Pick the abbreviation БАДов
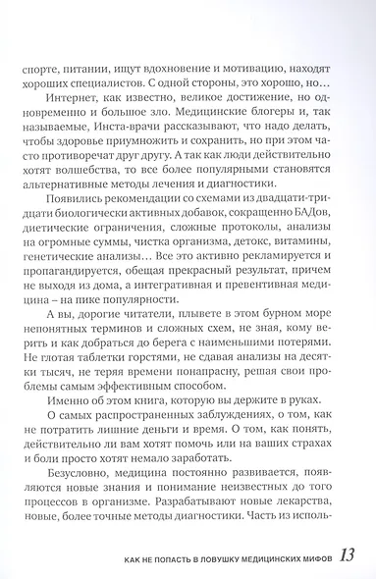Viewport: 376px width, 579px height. point(292,224)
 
